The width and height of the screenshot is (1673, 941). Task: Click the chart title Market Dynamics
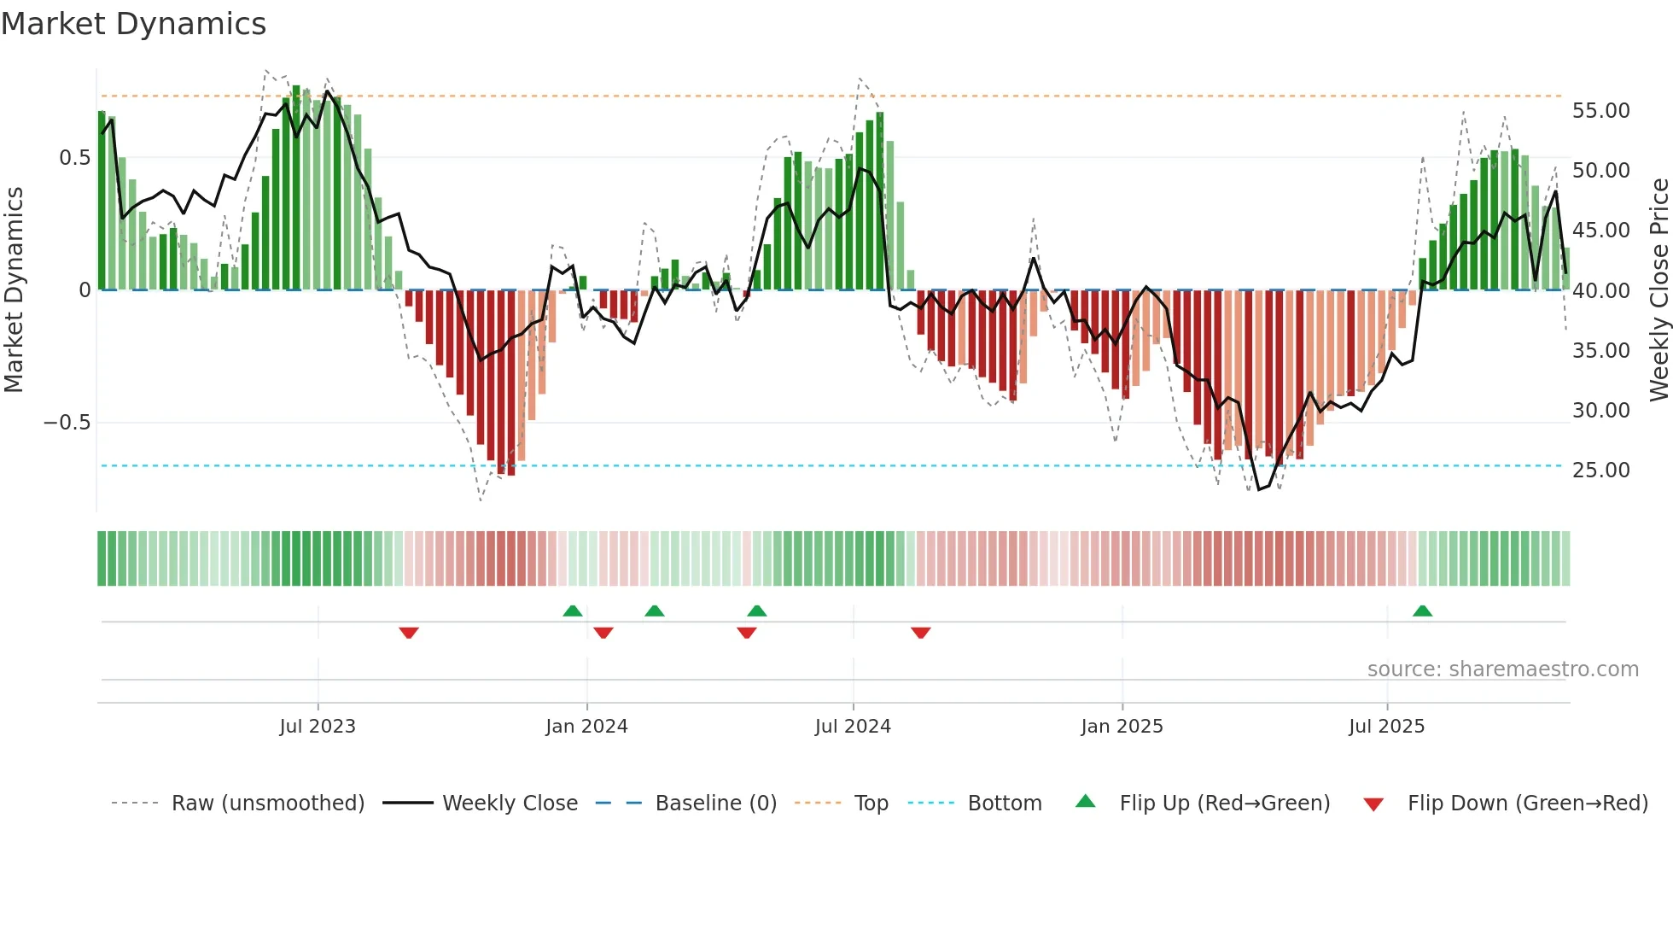133,24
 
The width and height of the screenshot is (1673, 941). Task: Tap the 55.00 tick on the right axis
1600,111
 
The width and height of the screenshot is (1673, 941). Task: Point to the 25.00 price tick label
1600,470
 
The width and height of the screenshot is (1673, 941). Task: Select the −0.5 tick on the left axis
67,423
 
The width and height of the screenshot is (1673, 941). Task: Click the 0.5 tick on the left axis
74,158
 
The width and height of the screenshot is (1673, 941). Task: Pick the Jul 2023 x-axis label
318,727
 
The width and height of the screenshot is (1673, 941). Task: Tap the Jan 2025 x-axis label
1122,727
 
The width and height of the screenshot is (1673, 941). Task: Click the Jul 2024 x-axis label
853,727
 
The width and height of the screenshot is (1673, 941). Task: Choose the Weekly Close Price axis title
1658,290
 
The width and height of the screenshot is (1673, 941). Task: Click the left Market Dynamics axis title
14,290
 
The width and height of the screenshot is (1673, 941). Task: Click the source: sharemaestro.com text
1502,669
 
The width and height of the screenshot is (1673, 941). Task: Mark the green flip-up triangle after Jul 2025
1422,611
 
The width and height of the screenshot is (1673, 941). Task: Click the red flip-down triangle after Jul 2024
920,633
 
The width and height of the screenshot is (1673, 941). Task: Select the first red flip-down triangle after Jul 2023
409,633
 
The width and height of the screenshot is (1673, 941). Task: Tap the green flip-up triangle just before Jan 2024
573,611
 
